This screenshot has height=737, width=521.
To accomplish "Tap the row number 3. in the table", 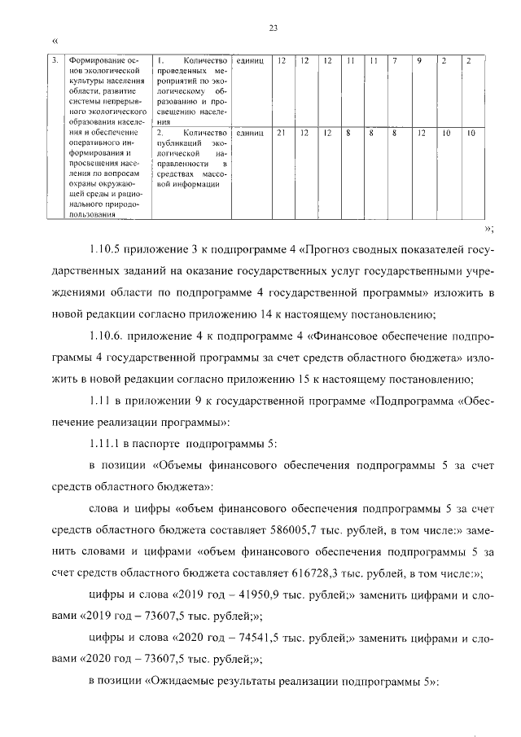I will click(54, 61).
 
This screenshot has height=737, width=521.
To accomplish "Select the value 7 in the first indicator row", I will click(395, 61).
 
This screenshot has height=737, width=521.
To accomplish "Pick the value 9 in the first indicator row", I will click(418, 61).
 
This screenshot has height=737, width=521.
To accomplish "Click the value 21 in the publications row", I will click(280, 132).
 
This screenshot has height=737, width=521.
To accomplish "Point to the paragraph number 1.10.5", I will click(106, 249).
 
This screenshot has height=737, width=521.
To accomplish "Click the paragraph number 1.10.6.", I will click(107, 334).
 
